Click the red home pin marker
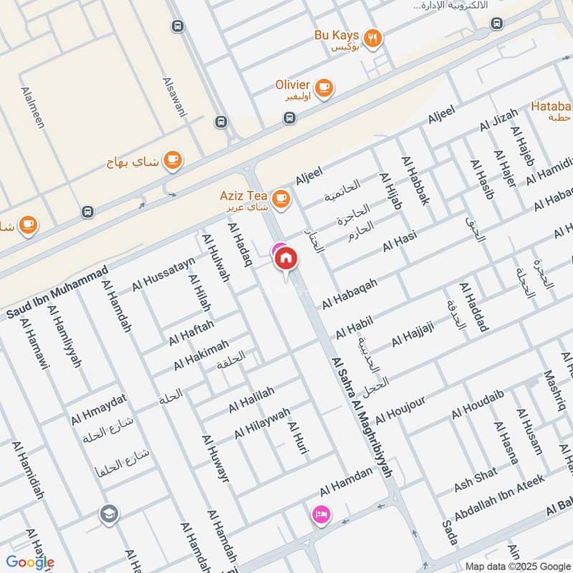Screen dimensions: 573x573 pyautogui.click(x=286, y=258)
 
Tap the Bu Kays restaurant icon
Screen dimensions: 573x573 pyautogui.click(x=372, y=39)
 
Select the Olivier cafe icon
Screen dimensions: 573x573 pyautogui.click(x=324, y=87)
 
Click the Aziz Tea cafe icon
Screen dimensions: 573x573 pyautogui.click(x=281, y=197)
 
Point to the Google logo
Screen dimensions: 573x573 pyautogui.click(x=29, y=562)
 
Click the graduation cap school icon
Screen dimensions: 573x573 pyautogui.click(x=109, y=514)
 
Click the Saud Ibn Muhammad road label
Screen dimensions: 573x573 pyautogui.click(x=57, y=293)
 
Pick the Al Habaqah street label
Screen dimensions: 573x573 pyautogui.click(x=349, y=294)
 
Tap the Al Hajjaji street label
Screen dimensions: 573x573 pyautogui.click(x=413, y=334)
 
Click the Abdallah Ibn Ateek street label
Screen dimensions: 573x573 pyautogui.click(x=499, y=497)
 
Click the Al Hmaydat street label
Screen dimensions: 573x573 pyautogui.click(x=99, y=409)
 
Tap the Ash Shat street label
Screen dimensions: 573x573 pyautogui.click(x=476, y=480)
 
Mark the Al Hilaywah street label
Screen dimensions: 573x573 pyautogui.click(x=262, y=424)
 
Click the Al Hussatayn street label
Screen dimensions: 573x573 pyautogui.click(x=163, y=275)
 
